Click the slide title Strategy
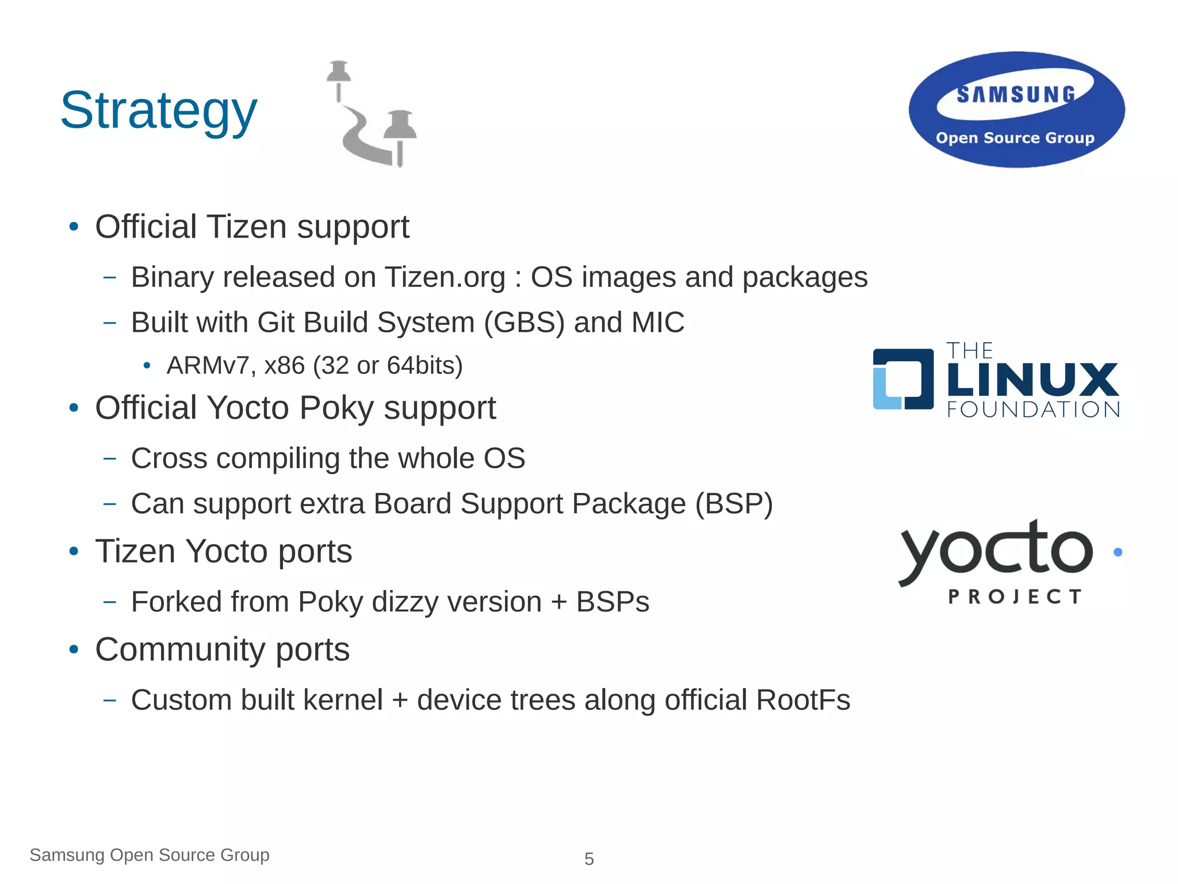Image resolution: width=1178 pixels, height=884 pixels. pyautogui.click(x=159, y=110)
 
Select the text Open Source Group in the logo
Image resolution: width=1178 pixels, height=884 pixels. pyautogui.click(x=1015, y=138)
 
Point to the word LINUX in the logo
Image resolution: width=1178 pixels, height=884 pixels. pyautogui.click(x=1032, y=380)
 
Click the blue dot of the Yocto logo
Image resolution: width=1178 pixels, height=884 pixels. pyautogui.click(x=1118, y=552)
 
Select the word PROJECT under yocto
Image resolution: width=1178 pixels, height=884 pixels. pyautogui.click(x=1015, y=596)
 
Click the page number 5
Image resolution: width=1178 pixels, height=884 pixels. pyautogui.click(x=589, y=859)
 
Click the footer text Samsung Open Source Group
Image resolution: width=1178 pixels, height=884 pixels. pyautogui.click(x=150, y=855)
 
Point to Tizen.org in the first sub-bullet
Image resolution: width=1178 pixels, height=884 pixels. pyautogui.click(x=445, y=277)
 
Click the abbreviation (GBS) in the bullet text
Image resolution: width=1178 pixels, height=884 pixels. pyautogui.click(x=524, y=322)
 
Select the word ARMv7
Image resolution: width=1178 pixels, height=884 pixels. pyautogui.click(x=208, y=365)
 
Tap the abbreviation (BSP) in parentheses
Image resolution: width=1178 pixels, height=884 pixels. pyautogui.click(x=733, y=504)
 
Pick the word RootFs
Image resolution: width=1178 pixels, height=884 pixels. pyautogui.click(x=803, y=700)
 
